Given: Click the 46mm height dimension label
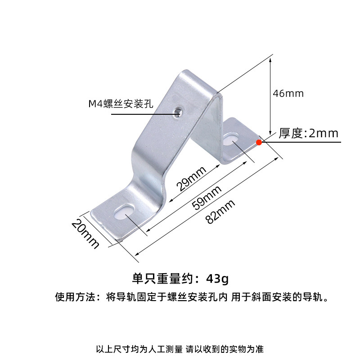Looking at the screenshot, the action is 288,94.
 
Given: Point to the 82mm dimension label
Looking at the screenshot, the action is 220,212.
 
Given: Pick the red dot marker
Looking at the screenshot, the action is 259,143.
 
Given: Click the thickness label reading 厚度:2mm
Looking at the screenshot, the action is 308,133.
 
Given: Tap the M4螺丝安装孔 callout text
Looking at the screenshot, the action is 121,104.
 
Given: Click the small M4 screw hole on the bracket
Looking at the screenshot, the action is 179,110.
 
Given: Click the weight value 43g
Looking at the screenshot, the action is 217,279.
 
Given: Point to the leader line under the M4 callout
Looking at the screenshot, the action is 144,114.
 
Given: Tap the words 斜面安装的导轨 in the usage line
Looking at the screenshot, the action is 285,297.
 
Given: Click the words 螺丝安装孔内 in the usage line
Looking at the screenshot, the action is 197,297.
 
